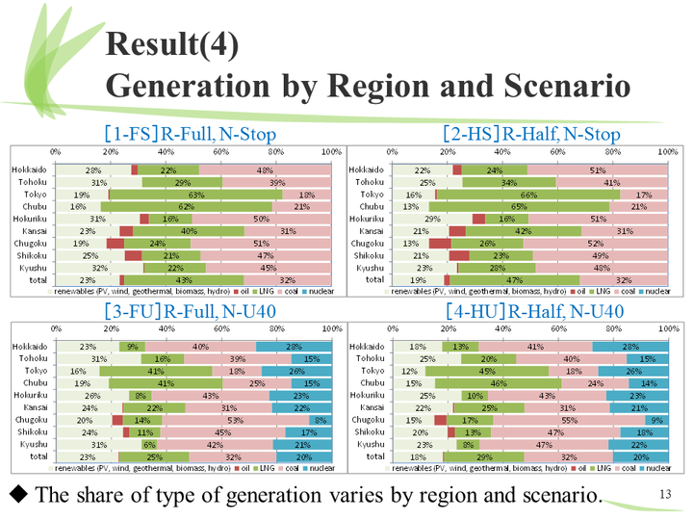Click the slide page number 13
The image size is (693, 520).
(664, 494)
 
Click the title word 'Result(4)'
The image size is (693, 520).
(174, 43)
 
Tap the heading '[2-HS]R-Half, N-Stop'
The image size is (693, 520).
(531, 134)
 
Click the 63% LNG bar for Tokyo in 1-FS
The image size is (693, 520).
(195, 195)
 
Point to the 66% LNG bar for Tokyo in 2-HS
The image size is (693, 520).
(528, 195)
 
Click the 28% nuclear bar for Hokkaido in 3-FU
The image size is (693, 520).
(294, 347)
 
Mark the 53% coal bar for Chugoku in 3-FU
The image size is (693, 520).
(229, 421)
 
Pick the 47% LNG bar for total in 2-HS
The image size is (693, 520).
(514, 280)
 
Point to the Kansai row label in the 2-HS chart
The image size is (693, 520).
(371, 231)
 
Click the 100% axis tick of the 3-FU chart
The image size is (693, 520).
(328, 328)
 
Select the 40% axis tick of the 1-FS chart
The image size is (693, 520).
(166, 152)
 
